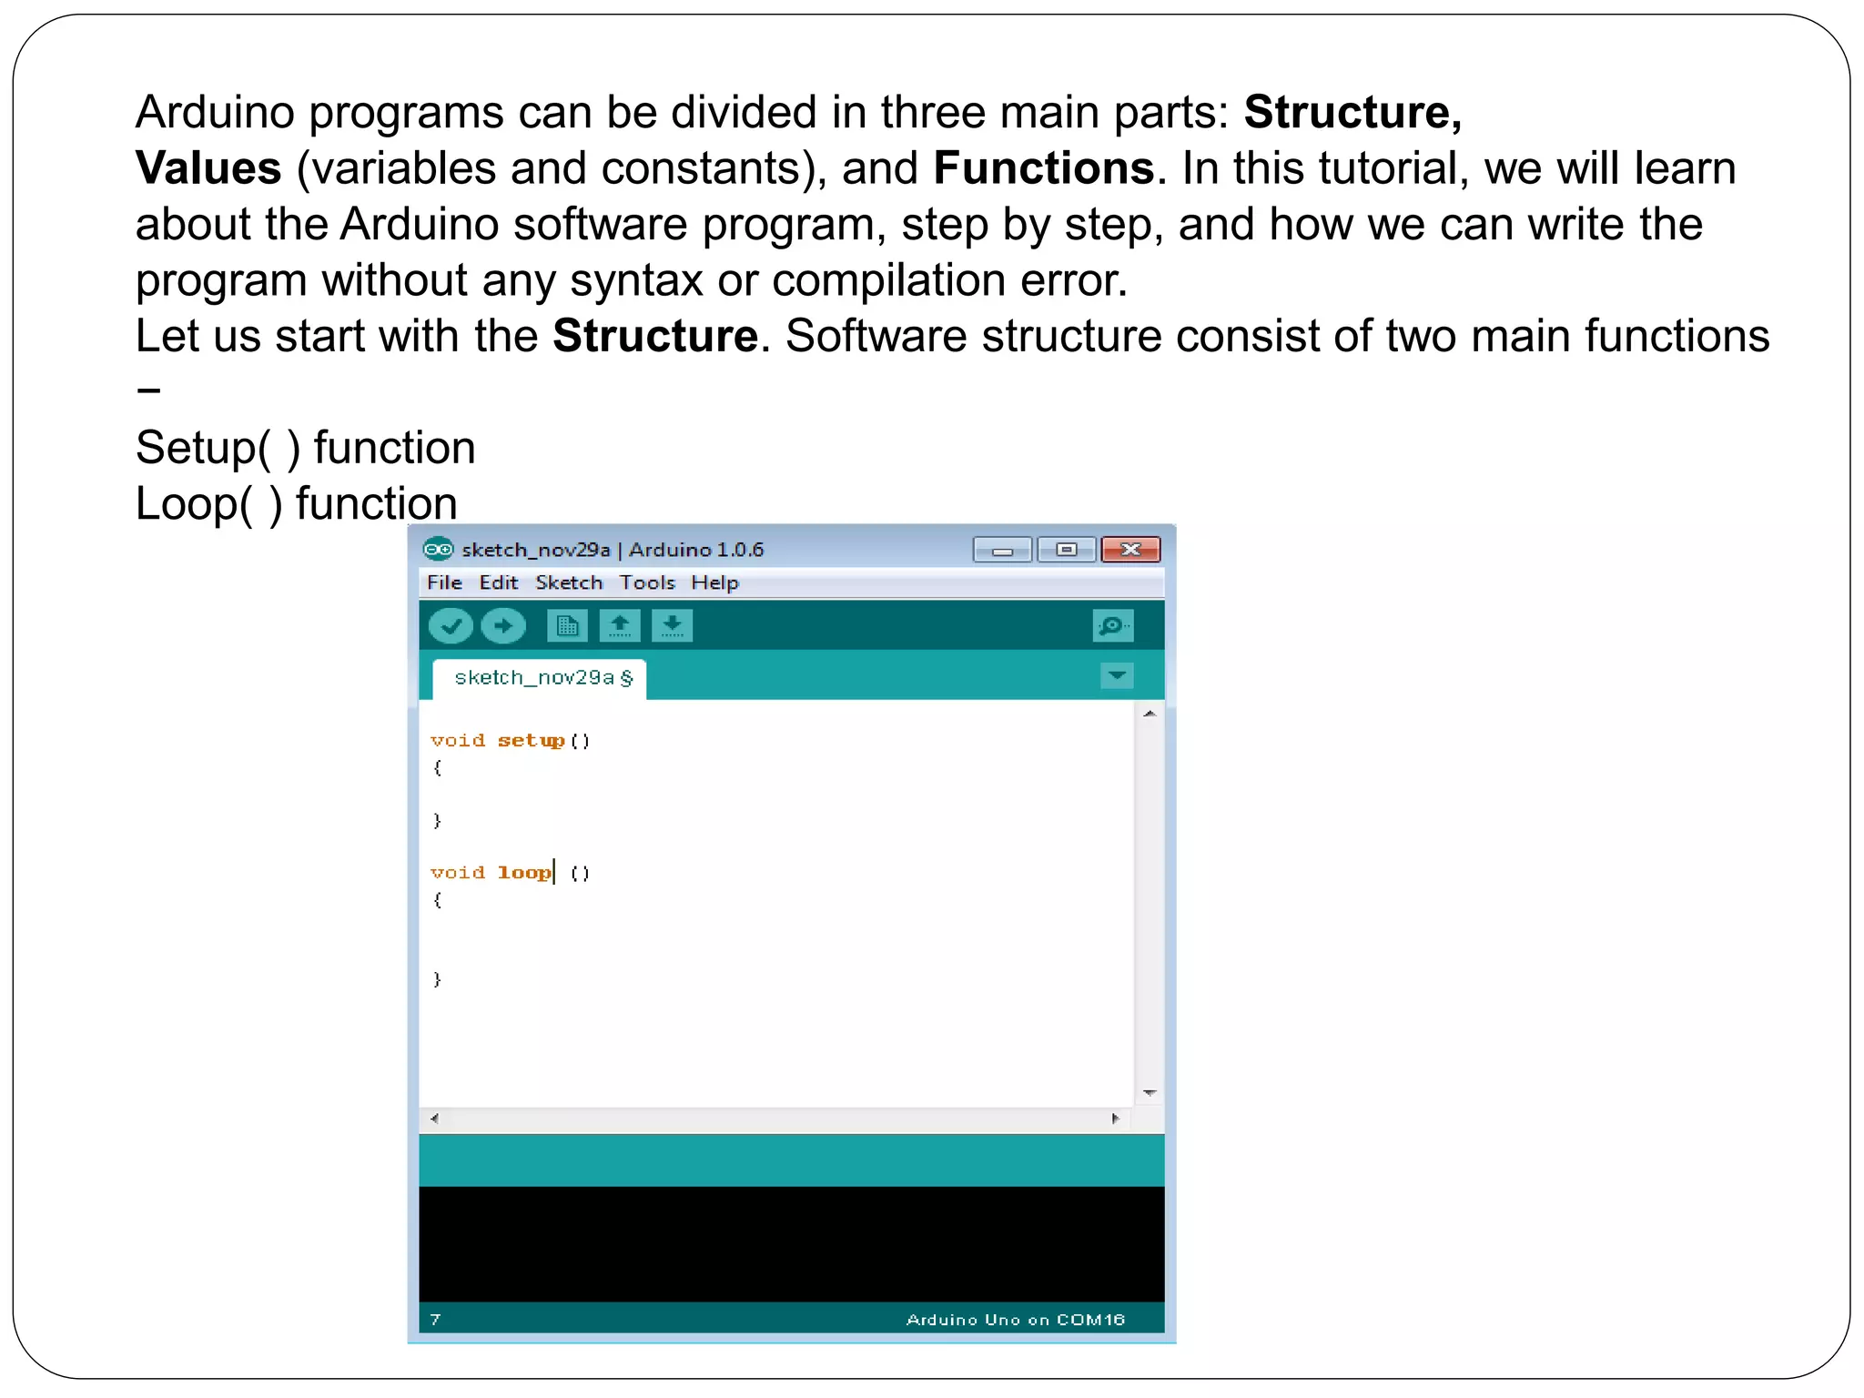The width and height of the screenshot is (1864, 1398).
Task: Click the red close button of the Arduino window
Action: (1130, 550)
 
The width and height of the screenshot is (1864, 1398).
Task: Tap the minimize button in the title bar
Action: (1002, 550)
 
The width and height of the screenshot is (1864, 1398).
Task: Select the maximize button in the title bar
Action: (1067, 550)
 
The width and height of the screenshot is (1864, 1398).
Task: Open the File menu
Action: (444, 582)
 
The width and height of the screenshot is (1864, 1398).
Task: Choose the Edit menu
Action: (498, 582)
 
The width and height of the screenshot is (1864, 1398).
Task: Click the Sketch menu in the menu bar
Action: (569, 582)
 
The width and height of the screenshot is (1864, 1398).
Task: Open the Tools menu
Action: (647, 582)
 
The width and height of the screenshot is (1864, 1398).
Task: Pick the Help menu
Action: (714, 582)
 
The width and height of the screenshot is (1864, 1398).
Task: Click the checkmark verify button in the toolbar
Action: (451, 626)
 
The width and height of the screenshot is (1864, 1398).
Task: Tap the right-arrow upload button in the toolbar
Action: (503, 626)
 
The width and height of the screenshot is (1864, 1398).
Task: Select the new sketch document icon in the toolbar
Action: (567, 626)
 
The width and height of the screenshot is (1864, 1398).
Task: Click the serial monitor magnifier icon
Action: (1112, 626)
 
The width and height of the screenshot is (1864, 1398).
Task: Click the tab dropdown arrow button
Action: (1117, 676)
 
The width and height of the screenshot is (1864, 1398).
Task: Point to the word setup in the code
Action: (532, 741)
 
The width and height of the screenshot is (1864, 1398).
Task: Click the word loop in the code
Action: (524, 873)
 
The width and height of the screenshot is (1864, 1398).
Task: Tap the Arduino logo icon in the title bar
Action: (438, 550)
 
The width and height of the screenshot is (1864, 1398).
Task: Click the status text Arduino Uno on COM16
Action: (1015, 1320)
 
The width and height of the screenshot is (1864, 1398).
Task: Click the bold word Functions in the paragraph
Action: (1044, 168)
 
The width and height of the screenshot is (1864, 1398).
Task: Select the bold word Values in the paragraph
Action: (208, 168)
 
